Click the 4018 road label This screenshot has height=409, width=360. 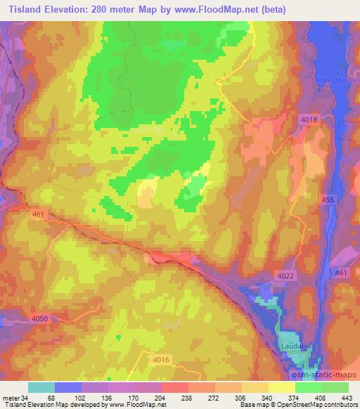(309, 120)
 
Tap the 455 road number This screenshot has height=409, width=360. (327, 201)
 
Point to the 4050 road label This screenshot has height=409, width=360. (41, 319)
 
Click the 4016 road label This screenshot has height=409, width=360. (161, 360)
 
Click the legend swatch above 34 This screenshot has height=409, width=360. (41, 387)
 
